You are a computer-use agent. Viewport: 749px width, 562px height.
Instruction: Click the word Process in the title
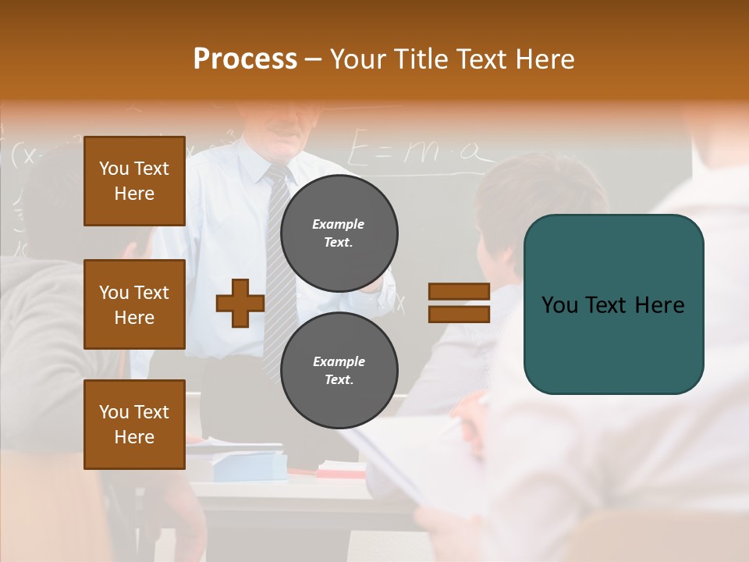(245, 59)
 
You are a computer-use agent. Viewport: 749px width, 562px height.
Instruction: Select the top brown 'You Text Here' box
(134, 181)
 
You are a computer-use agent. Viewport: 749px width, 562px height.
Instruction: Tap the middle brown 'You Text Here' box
(134, 304)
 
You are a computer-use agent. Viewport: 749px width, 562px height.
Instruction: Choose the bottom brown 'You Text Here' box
(134, 424)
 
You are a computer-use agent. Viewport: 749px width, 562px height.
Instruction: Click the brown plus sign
(240, 303)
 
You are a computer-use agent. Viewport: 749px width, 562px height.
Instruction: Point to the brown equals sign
(459, 303)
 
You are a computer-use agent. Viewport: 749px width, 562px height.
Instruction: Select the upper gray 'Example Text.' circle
(339, 233)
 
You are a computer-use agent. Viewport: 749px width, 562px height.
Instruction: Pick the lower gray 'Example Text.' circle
(339, 370)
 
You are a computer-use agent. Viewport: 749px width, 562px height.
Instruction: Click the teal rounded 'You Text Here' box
(613, 304)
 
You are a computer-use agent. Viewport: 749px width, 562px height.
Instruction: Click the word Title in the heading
(422, 59)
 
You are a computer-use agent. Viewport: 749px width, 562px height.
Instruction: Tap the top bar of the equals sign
(459, 292)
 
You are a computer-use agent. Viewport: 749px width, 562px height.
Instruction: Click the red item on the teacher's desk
(340, 471)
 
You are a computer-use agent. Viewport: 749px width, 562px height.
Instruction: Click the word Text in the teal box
(609, 304)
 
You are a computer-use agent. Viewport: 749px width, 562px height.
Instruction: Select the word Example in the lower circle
(339, 361)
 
